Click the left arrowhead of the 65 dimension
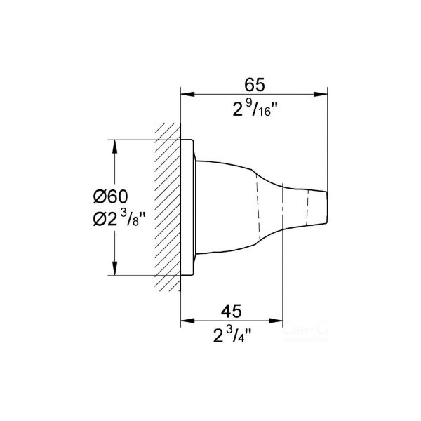[x=186, y=95]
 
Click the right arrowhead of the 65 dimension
[x=323, y=95]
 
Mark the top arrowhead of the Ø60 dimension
[x=113, y=145]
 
